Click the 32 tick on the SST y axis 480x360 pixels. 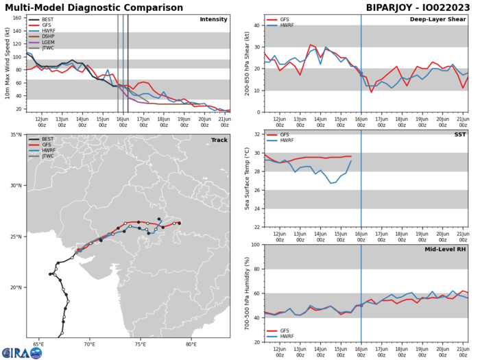tap(254, 134)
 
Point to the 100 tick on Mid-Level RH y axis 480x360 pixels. tap(253, 245)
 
